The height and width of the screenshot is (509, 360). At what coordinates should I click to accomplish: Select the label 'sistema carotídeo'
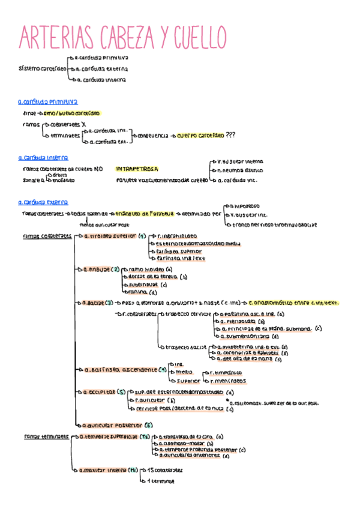[x=42, y=68]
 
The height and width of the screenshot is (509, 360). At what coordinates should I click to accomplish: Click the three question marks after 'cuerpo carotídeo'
[x=230, y=136]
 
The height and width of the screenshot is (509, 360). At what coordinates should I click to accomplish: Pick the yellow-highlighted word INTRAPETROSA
[x=137, y=169]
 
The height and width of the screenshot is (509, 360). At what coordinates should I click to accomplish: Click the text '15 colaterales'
[x=165, y=470]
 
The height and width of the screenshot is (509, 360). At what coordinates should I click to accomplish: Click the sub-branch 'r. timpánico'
[x=222, y=373]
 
